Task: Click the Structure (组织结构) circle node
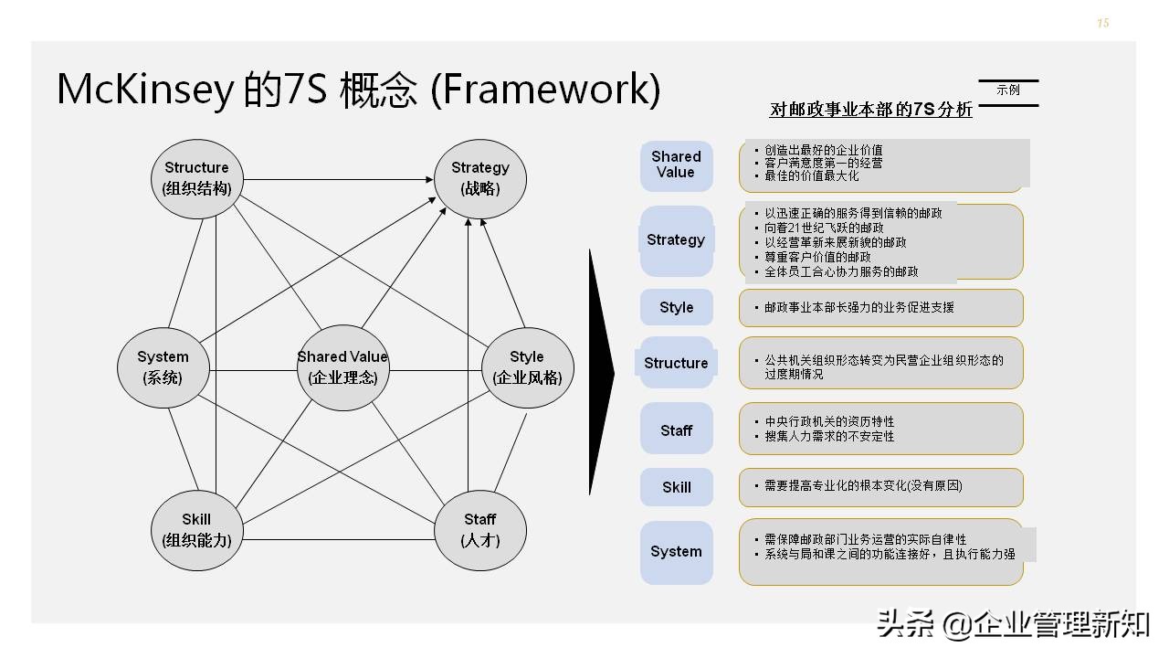[196, 178]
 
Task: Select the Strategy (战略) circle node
[479, 178]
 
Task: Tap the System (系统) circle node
[163, 366]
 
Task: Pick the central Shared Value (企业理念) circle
[342, 366]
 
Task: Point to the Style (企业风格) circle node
[527, 366]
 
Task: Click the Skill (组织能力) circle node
[195, 530]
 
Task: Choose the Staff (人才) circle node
[479, 530]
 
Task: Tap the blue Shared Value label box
[676, 165]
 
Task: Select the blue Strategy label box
[676, 240]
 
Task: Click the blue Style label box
[676, 308]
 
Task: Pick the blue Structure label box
[676, 363]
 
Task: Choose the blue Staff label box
[676, 430]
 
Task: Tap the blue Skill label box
[676, 487]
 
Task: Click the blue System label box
[676, 552]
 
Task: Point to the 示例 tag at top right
[1008, 90]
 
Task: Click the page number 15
[1102, 24]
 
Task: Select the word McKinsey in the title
[144, 90]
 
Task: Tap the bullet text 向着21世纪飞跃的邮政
[824, 228]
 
